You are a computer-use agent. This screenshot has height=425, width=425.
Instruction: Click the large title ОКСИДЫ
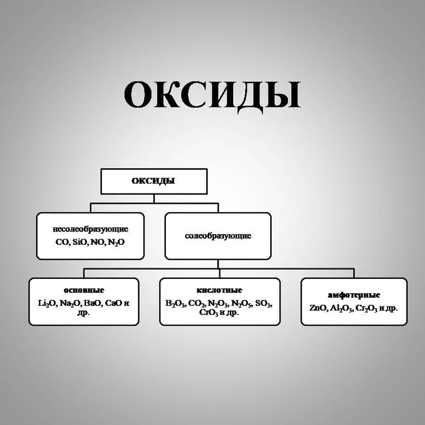(212, 95)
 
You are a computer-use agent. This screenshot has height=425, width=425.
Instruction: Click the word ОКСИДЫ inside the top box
(154, 181)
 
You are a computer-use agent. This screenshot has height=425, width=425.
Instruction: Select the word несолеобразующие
(90, 228)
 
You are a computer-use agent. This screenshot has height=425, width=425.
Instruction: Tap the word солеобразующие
(218, 236)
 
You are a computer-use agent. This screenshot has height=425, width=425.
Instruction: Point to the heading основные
(84, 290)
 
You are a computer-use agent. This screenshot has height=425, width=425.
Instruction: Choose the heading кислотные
(219, 290)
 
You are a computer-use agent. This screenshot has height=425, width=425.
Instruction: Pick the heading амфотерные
(354, 295)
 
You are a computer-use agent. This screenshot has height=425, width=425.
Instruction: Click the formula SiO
(81, 241)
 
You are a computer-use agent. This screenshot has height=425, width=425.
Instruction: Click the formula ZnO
(318, 308)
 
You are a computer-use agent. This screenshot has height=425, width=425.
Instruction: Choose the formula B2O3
(175, 304)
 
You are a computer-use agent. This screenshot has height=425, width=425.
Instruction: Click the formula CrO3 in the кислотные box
(209, 313)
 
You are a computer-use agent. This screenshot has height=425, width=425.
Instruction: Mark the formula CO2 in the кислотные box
(197, 304)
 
